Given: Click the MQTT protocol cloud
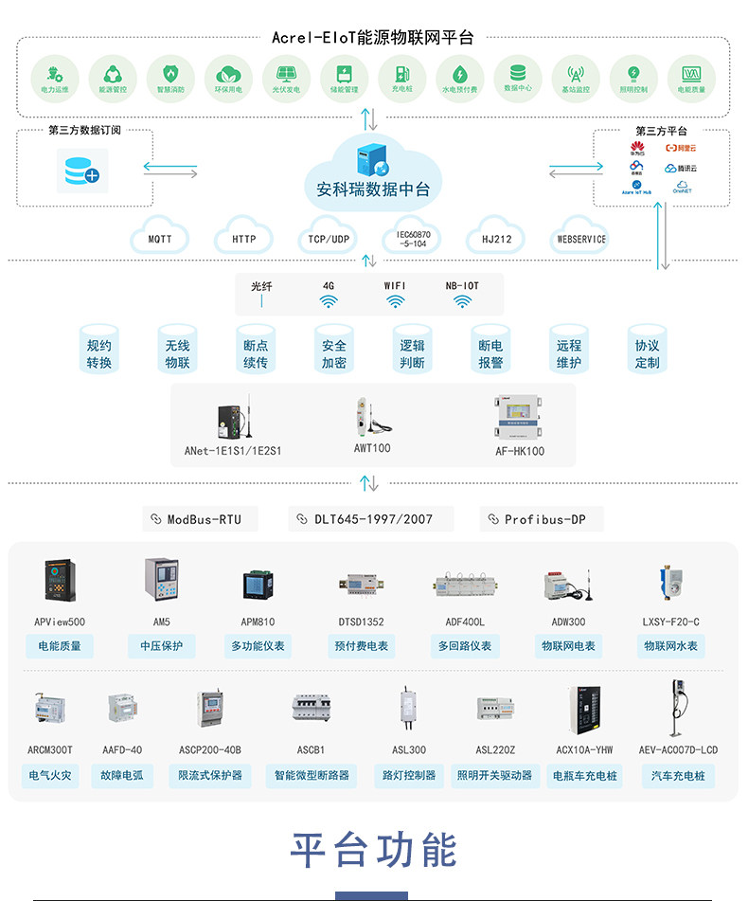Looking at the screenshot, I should pyautogui.click(x=160, y=238).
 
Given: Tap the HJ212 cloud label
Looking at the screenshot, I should pyautogui.click(x=496, y=239).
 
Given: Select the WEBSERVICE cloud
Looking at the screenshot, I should pyautogui.click(x=580, y=239).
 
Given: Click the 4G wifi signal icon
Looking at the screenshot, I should pyautogui.click(x=329, y=301).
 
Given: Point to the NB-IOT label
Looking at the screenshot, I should pyautogui.click(x=462, y=285).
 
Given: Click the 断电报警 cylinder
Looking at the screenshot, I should pyautogui.click(x=490, y=353).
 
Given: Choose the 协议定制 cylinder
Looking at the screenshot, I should pyautogui.click(x=647, y=353).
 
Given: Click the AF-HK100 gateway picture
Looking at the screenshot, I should pyautogui.click(x=520, y=417).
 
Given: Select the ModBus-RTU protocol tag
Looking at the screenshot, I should pyautogui.click(x=200, y=519).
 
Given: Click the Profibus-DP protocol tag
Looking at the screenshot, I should pyautogui.click(x=542, y=519).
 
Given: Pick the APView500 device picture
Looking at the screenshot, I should pyautogui.click(x=59, y=580).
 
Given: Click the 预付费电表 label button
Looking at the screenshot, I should pyautogui.click(x=361, y=646).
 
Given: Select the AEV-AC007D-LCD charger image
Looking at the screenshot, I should pyautogui.click(x=677, y=707).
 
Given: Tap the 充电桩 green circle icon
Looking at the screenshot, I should pyautogui.click(x=401, y=75).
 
